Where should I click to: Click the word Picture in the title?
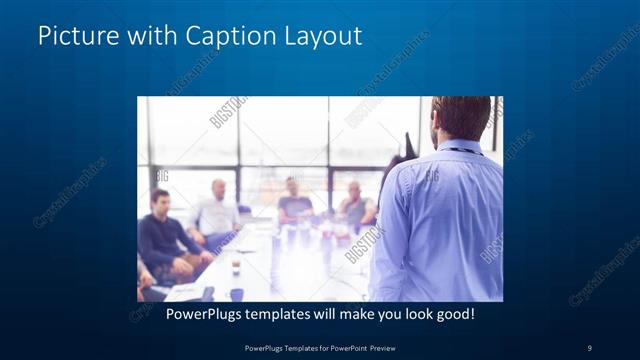pyautogui.click(x=71, y=36)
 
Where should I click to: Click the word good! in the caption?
pyautogui.click(x=453, y=314)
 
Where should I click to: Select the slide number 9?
pyautogui.click(x=589, y=347)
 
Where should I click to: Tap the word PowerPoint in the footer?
pyautogui.click(x=346, y=347)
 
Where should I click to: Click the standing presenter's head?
pyautogui.click(x=461, y=118)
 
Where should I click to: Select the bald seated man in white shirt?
pyautogui.click(x=217, y=211)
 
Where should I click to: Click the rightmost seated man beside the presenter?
pyautogui.click(x=354, y=204)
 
